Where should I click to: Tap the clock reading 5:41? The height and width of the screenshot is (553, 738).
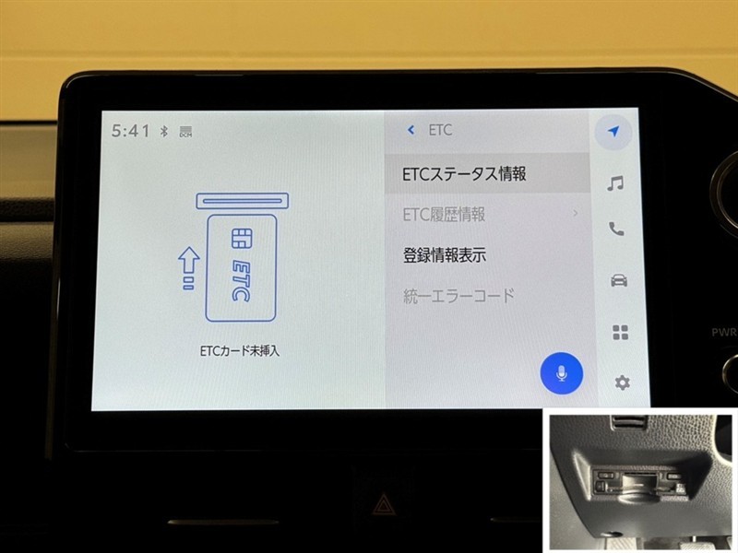click(x=130, y=131)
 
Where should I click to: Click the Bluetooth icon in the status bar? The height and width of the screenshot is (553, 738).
click(x=164, y=131)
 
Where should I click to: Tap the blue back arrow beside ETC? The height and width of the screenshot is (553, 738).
click(x=411, y=130)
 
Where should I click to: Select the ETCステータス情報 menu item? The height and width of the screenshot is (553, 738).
click(x=464, y=174)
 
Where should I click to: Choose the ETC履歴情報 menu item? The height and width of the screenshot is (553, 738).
click(x=444, y=215)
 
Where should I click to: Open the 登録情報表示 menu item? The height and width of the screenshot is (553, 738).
click(x=445, y=255)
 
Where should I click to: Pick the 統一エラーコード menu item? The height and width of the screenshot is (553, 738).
click(x=458, y=296)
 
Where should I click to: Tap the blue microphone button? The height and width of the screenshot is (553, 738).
click(x=561, y=373)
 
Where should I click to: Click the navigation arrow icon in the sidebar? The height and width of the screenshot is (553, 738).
click(x=613, y=131)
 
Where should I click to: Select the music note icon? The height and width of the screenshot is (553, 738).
click(x=615, y=182)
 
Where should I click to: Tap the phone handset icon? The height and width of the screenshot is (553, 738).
click(x=616, y=229)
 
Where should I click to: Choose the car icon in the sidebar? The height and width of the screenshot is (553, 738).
click(x=618, y=280)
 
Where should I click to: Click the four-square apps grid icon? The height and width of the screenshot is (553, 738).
click(x=620, y=332)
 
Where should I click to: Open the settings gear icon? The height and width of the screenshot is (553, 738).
click(x=622, y=382)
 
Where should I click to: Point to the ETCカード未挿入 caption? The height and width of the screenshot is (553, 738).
click(x=240, y=351)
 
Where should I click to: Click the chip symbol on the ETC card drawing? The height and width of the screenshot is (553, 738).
click(x=242, y=238)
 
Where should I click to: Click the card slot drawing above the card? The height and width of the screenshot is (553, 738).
click(x=243, y=201)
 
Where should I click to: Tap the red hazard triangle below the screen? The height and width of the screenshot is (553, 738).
click(x=382, y=504)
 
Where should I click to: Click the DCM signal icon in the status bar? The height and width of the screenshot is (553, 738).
click(x=186, y=132)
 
